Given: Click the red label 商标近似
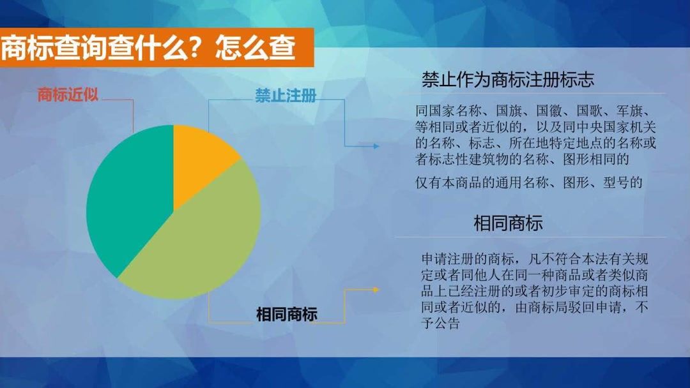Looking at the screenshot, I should click(x=68, y=96).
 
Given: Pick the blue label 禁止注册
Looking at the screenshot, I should click(x=286, y=96).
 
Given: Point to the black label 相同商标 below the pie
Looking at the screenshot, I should click(x=287, y=314).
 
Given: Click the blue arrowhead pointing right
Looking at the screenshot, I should click(x=376, y=146).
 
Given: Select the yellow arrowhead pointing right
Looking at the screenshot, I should click(x=376, y=290).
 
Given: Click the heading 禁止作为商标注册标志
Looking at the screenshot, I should click(x=508, y=80).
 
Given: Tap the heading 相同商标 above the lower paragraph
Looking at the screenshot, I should click(x=508, y=223).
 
